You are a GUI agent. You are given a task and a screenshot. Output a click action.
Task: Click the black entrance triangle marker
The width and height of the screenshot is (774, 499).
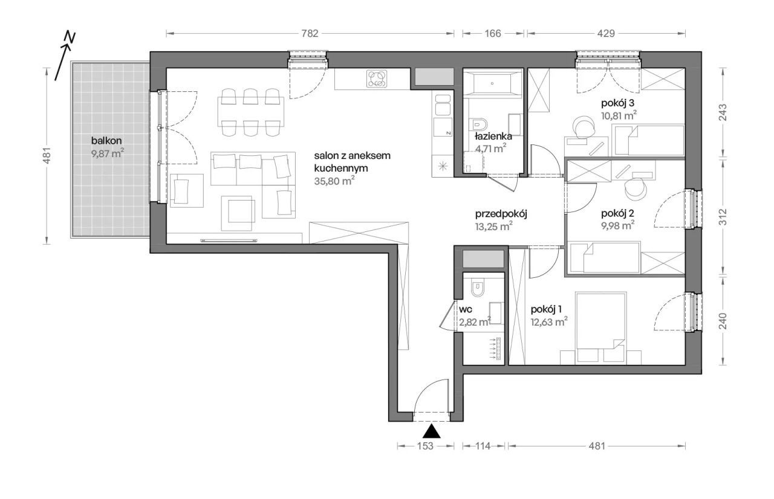click(431, 431)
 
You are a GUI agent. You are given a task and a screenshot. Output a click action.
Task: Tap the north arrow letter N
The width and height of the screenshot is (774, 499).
click(70, 37)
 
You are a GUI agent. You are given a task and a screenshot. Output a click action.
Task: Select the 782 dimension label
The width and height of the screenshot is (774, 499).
click(310, 33)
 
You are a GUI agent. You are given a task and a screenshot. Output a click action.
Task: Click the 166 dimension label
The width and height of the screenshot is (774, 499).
click(492, 33)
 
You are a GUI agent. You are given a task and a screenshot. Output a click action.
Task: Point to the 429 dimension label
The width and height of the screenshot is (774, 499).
click(606, 33)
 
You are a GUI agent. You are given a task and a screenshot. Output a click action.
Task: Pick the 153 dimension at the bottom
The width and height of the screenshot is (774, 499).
click(425, 446)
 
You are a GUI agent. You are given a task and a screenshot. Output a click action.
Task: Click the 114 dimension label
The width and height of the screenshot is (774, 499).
click(483, 446)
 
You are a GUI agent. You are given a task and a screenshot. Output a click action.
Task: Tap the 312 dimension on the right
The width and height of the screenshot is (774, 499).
click(723, 217)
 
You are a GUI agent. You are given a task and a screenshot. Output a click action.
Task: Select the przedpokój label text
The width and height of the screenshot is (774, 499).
click(501, 214)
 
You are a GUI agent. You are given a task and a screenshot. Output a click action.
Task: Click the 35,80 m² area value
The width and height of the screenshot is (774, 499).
click(334, 181)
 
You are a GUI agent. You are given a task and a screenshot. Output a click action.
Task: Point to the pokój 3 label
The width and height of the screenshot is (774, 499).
click(617, 103)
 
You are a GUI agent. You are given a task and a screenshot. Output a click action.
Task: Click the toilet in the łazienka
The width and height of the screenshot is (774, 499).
click(479, 124)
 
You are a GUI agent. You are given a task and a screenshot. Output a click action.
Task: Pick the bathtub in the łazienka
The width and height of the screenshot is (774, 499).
click(492, 83)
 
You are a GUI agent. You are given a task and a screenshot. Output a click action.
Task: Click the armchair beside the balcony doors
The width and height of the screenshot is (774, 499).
click(187, 191)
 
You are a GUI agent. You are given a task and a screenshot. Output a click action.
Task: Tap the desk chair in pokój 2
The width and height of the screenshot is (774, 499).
click(636, 188)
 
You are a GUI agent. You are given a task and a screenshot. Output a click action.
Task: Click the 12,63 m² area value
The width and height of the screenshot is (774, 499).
click(549, 322)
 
